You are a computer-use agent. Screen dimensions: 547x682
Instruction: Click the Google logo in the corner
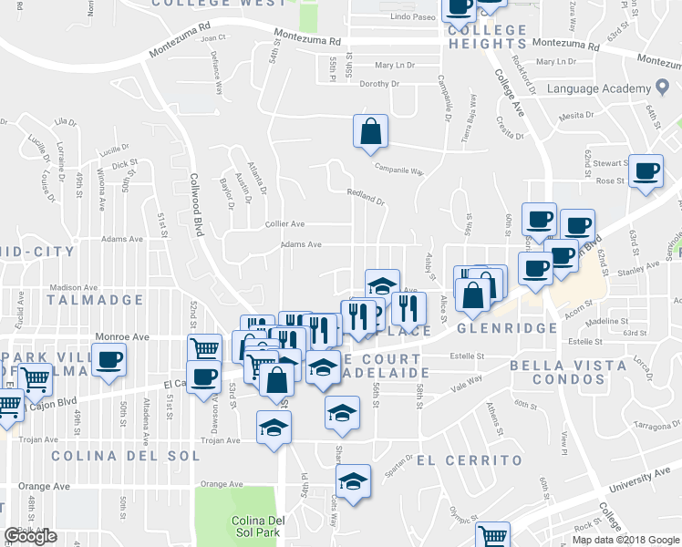point(30,536)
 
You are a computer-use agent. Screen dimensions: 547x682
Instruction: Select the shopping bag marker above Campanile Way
point(371,131)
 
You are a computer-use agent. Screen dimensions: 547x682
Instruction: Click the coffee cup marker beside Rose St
point(646,172)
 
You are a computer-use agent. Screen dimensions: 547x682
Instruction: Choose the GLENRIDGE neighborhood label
point(507,328)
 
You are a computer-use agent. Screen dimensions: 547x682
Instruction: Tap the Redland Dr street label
point(366,192)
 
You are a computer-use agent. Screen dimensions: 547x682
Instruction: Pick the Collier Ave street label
point(284,223)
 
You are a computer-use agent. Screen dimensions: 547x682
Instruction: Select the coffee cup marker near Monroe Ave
point(108,358)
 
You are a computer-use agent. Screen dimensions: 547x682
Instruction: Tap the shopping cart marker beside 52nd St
point(205,348)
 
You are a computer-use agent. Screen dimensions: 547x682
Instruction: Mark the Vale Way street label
point(467,385)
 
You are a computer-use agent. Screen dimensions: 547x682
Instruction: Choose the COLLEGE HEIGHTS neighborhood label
point(488,36)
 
